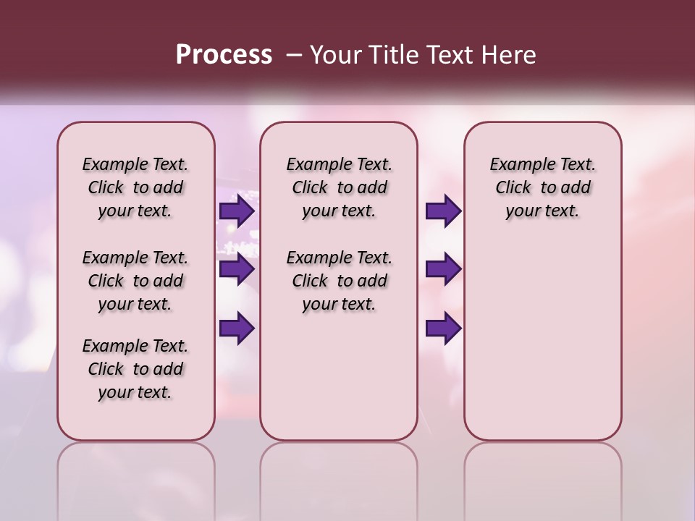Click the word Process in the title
coord(224,55)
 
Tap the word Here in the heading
coord(507,55)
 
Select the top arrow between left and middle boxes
coord(237,211)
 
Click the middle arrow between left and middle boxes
coord(237,270)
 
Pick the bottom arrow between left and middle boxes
coord(237,329)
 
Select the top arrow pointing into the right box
coord(443,211)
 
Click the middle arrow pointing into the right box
coord(443,269)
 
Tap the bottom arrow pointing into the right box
coord(443,329)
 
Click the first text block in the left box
coord(135,187)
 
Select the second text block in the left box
coord(135,281)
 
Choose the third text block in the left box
coord(135,369)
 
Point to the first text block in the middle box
coord(339,187)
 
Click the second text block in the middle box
coord(339,281)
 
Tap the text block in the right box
coord(542,187)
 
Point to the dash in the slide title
coord(293,55)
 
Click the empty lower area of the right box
coord(542,347)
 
